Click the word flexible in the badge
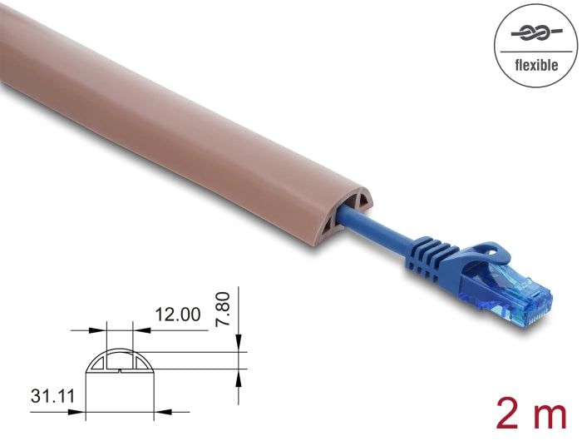coord(536,66)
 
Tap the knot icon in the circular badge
coord(536,34)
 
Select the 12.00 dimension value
coord(178,315)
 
